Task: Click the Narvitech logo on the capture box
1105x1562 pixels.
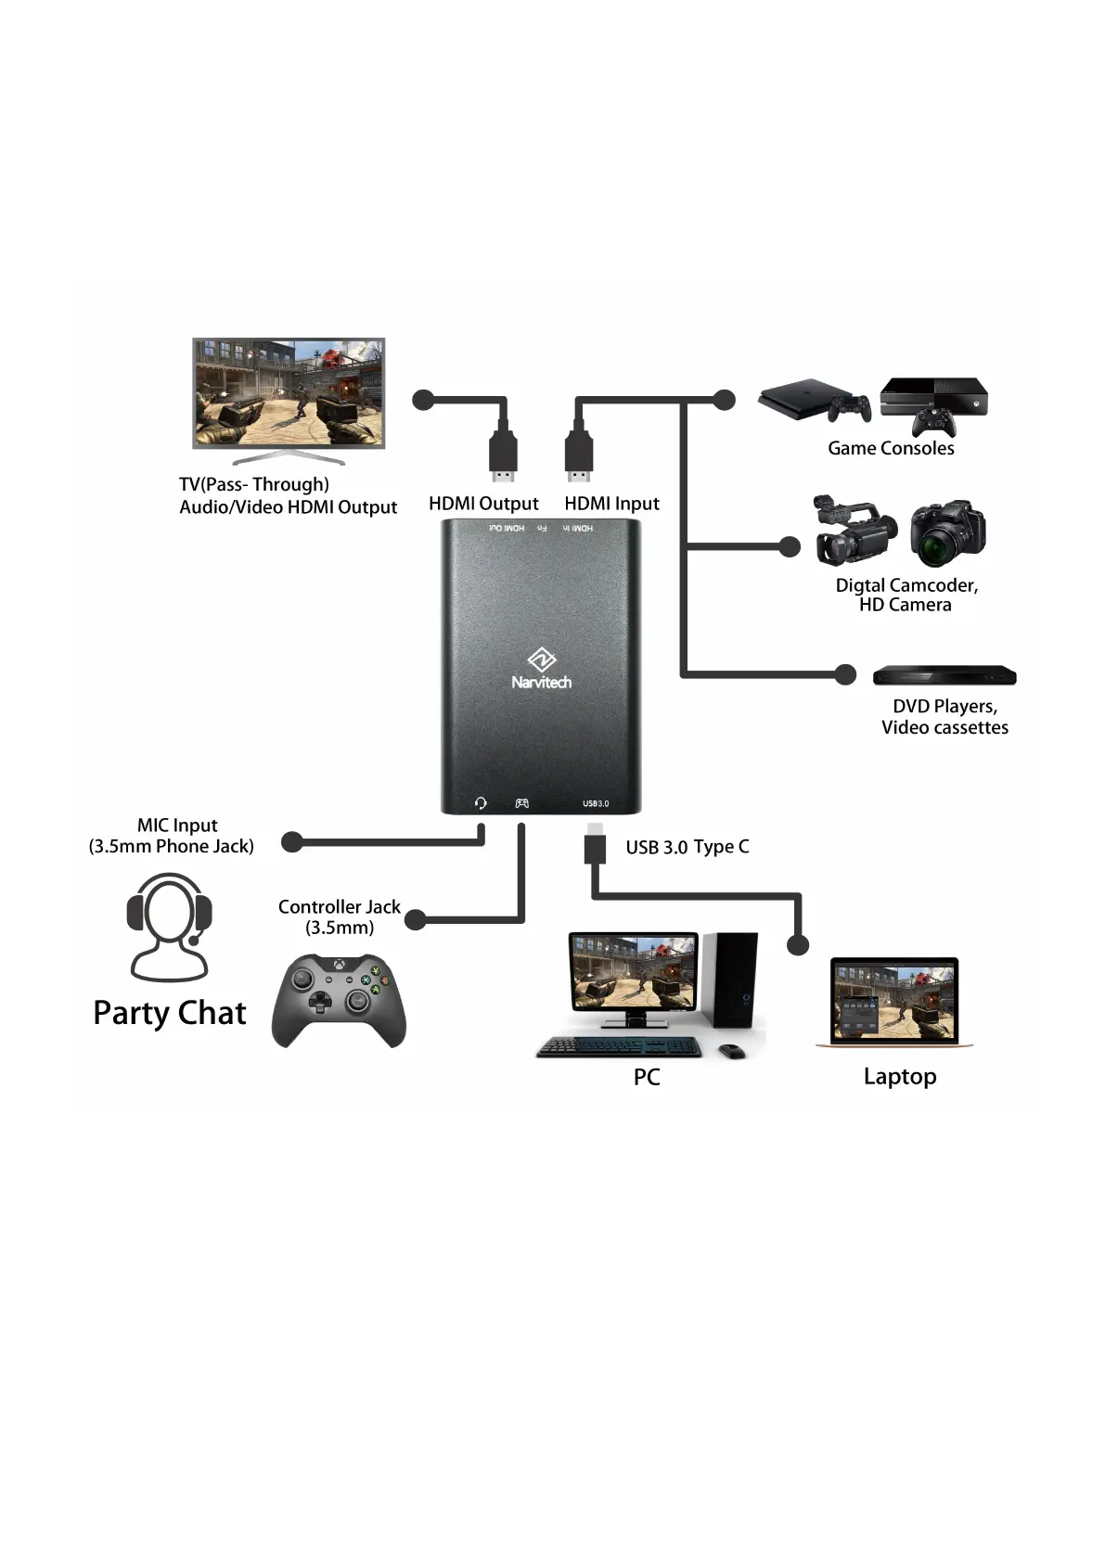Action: tap(541, 669)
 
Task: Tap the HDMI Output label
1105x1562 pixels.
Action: tap(483, 504)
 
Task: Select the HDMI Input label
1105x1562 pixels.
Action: tap(611, 504)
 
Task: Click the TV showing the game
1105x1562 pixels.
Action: tap(289, 394)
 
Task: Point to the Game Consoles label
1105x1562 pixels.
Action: tap(891, 448)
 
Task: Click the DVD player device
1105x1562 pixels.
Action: tap(944, 675)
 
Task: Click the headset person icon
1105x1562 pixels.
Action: tap(169, 927)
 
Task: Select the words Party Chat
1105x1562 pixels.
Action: tap(170, 1013)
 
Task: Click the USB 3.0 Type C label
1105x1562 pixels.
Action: tap(687, 847)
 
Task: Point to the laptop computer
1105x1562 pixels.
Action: tap(894, 1003)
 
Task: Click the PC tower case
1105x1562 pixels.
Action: tap(731, 979)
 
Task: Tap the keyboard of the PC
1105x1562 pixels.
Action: tap(620, 1047)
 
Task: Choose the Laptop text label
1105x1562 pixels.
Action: tap(900, 1076)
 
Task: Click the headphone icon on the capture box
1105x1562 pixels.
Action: tap(481, 802)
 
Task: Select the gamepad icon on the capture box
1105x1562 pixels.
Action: tap(522, 802)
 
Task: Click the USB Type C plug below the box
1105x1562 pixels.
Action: tap(596, 845)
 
